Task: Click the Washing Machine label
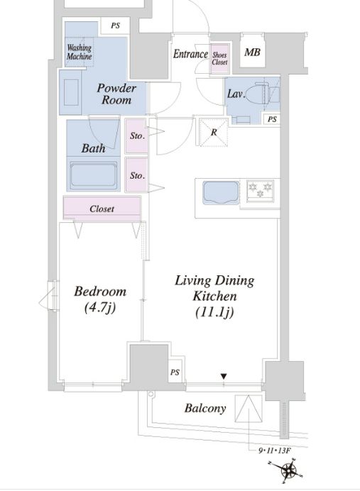[80, 52]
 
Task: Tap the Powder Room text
[116, 94]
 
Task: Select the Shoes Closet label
[219, 59]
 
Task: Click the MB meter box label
[252, 52]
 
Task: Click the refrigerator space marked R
[214, 132]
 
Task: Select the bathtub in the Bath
[93, 175]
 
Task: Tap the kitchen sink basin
[221, 192]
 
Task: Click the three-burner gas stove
[260, 190]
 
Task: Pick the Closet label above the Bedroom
[102, 209]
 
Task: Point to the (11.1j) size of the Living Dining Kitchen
[214, 312]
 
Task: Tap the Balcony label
[205, 408]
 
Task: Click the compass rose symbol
[288, 470]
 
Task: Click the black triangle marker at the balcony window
[224, 376]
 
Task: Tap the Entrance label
[190, 54]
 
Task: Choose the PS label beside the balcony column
[175, 372]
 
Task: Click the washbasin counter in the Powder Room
[71, 92]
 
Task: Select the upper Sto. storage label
[137, 136]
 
